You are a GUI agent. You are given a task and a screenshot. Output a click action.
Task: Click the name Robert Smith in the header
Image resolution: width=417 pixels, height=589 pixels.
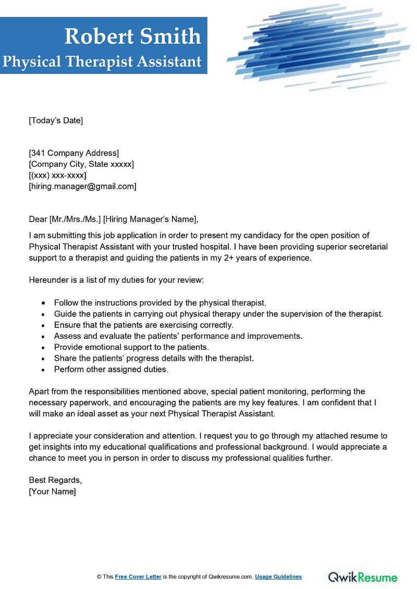click(132, 36)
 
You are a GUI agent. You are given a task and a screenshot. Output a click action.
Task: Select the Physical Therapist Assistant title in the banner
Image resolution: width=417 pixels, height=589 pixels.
click(102, 62)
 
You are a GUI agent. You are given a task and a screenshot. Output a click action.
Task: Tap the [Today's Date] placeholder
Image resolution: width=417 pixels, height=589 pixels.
click(56, 120)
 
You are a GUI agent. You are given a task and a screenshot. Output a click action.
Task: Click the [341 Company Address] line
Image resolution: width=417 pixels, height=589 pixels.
click(74, 153)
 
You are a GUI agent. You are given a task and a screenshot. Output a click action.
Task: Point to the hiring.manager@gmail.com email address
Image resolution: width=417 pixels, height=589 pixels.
click(83, 186)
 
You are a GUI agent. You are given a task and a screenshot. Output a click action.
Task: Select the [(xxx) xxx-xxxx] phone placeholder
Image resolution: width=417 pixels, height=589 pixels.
click(57, 175)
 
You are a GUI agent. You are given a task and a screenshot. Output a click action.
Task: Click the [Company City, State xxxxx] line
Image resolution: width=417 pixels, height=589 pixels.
click(81, 164)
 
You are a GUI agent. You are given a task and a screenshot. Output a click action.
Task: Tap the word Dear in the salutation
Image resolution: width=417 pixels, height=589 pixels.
click(38, 218)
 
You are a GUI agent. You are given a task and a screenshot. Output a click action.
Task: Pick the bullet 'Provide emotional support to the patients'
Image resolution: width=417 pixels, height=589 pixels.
click(131, 347)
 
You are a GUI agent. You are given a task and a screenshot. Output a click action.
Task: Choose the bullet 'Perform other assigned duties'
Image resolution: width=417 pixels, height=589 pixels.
click(111, 369)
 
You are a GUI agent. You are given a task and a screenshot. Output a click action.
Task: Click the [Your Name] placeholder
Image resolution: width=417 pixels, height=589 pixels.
click(53, 492)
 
